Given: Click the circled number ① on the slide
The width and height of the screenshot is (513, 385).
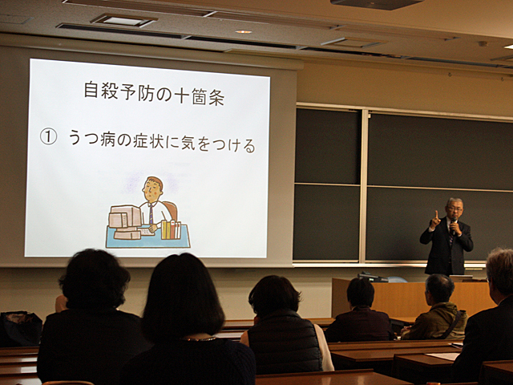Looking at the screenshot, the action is pos(48,137).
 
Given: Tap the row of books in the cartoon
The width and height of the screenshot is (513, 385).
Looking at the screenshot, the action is pos(171,229).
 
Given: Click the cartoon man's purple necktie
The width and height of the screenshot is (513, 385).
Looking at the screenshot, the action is pos(151,213).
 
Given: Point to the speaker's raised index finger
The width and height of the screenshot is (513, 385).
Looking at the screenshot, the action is pos(436,215).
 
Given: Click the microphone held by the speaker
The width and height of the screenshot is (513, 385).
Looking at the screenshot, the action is pos(453,226).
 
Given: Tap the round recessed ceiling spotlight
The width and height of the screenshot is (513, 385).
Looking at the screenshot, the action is pos(244,32).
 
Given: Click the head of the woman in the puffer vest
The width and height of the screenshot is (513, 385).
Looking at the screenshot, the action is pos(273,295).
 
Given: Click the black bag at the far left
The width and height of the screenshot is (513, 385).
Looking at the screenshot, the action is pos(20,329).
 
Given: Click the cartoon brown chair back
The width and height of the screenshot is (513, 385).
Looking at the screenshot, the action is pos(171,210).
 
